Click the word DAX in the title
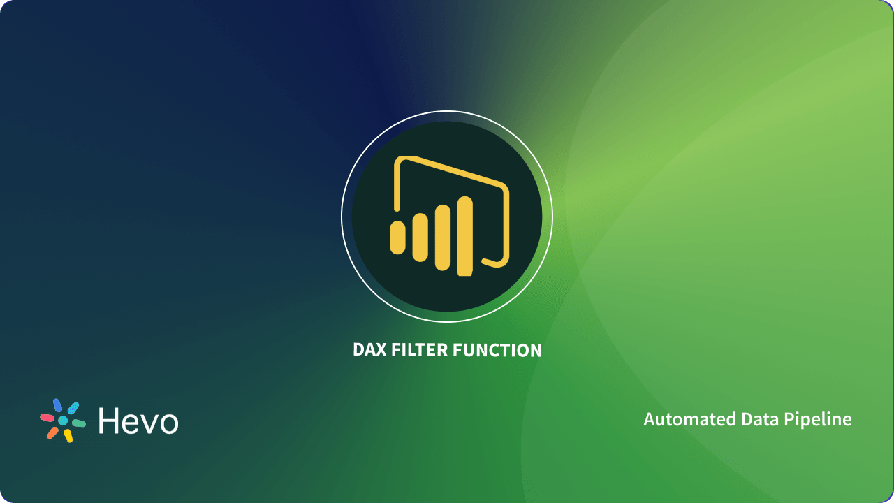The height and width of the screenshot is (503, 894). coord(368,350)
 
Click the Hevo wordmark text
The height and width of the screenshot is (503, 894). coord(138,421)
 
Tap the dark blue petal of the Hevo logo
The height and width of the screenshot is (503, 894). coord(57,405)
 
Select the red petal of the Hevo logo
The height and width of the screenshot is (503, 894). coord(47,418)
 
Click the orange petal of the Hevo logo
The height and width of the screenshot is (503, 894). coord(52,432)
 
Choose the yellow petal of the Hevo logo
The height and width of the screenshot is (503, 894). coord(68,436)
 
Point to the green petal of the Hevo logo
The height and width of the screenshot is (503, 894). coord(78,423)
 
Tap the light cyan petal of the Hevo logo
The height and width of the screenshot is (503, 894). coord(73,408)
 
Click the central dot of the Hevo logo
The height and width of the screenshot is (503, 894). coord(63,421)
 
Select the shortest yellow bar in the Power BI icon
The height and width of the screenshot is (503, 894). coord(397,237)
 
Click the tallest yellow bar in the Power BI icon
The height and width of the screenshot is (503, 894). coord(464,235)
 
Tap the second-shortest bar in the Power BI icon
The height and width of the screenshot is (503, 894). coord(420,238)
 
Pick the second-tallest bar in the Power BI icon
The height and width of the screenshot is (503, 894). coord(443,237)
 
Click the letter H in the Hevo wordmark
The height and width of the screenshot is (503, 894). coord(110,421)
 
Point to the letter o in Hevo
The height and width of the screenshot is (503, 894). coord(168,423)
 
